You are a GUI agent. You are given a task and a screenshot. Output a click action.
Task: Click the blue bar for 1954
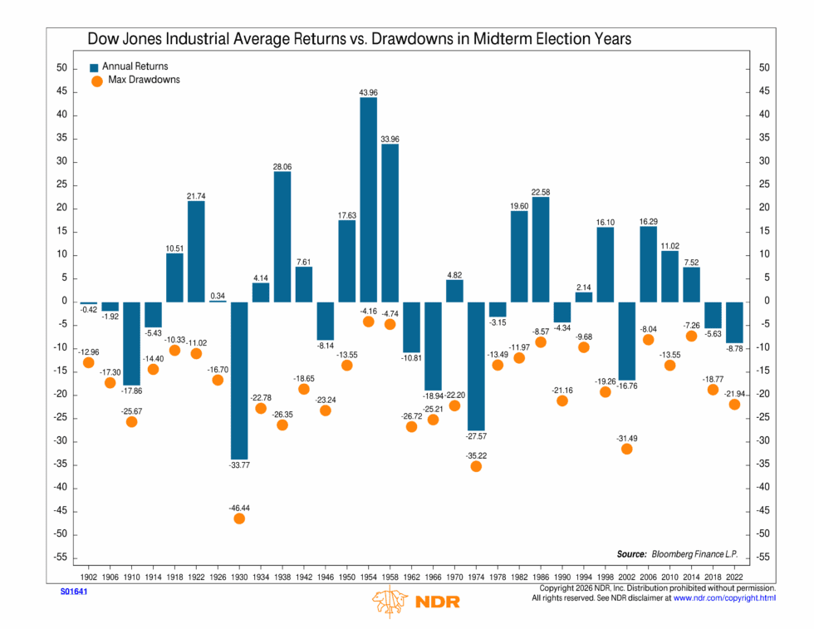coord(368,199)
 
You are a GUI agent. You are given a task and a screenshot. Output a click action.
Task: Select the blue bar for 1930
coord(239,378)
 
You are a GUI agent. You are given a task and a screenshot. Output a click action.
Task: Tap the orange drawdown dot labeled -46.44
coord(239,518)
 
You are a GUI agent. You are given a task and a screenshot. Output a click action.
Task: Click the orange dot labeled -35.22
coord(476,466)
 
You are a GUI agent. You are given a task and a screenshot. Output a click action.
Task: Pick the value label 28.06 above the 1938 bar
coord(282,167)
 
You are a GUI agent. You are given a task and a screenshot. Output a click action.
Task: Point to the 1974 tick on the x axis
coord(476,575)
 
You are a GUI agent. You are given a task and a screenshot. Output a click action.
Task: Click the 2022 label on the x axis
coord(734,575)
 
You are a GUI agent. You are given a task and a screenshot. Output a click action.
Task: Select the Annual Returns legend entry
coord(134,66)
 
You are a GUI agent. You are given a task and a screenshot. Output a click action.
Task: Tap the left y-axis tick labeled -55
coord(61,558)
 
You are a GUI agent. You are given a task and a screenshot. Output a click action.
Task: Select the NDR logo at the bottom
coord(416,601)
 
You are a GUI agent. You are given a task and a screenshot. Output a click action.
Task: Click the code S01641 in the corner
coord(73,592)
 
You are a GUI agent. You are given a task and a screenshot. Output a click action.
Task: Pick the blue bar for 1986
coord(541,248)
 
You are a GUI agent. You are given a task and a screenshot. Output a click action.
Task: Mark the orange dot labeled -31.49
coord(626,449)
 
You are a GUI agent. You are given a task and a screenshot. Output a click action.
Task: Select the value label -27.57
coord(476,435)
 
